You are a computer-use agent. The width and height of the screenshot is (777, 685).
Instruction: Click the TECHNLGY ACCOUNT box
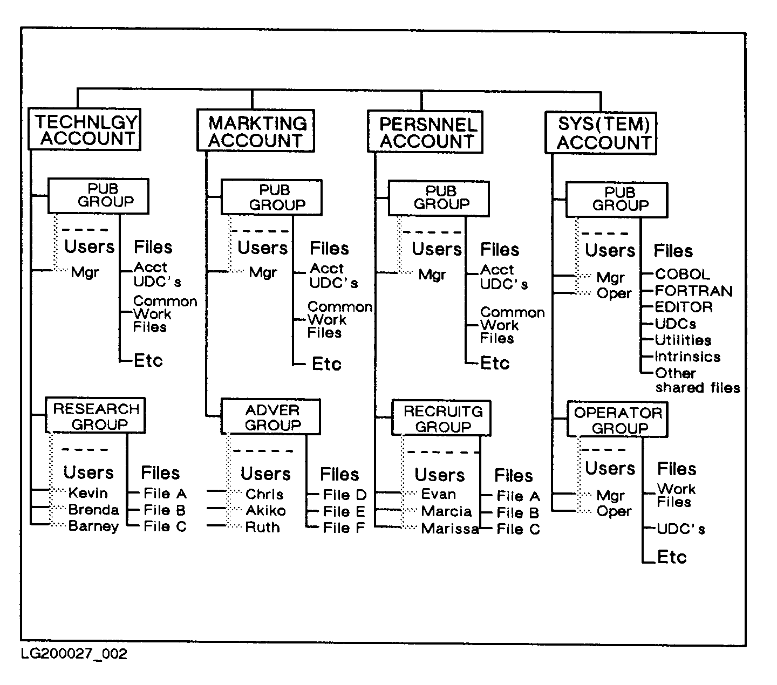[85, 130]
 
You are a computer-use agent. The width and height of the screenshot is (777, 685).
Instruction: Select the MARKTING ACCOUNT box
[256, 132]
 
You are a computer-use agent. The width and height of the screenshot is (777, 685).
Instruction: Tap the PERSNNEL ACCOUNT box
[426, 133]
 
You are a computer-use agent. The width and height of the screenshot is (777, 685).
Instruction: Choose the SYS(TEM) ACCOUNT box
[601, 134]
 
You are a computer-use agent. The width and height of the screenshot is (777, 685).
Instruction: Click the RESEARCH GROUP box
[96, 416]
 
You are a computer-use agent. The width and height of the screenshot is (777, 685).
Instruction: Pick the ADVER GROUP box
[271, 417]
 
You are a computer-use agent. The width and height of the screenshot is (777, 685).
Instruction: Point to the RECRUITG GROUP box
[442, 419]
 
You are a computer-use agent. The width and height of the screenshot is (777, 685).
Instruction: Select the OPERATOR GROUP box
[617, 420]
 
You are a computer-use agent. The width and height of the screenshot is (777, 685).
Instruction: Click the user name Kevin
[88, 493]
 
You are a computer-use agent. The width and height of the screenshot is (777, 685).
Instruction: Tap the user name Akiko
[265, 511]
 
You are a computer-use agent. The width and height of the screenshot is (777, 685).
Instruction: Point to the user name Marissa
[449, 529]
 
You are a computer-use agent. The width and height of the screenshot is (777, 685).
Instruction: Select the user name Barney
[93, 526]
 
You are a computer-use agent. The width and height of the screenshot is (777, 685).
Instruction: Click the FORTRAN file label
[693, 291]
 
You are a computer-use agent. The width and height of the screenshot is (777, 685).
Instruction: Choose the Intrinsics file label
[687, 357]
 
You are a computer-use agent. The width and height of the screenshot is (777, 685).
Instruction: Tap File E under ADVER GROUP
[344, 511]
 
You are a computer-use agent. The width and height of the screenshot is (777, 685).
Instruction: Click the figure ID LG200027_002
[74, 654]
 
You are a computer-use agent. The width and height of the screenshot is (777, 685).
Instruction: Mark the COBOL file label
[682, 275]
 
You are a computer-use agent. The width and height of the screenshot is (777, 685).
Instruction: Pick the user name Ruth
[262, 527]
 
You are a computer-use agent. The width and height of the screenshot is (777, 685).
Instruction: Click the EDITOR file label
[683, 307]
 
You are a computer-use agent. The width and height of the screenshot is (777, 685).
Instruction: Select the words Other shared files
[697, 381]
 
